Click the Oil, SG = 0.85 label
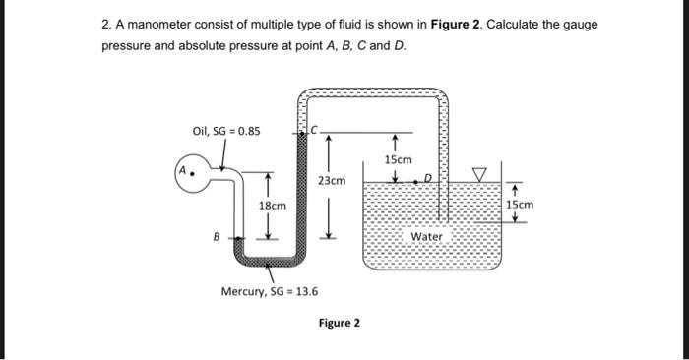pyautogui.click(x=226, y=131)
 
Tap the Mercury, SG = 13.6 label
pyautogui.click(x=270, y=291)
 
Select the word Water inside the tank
pyautogui.click(x=427, y=236)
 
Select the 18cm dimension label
pyautogui.click(x=272, y=206)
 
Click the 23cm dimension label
pyautogui.click(x=332, y=181)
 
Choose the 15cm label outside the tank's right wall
pyautogui.click(x=520, y=205)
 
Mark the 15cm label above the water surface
pyautogui.click(x=398, y=158)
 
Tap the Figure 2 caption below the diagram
pyautogui.click(x=339, y=323)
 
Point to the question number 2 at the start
pyautogui.click(x=106, y=24)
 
